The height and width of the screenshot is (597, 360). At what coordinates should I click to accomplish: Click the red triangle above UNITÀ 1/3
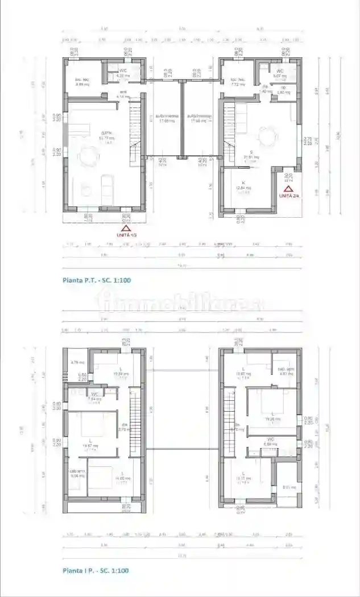coord(125,227)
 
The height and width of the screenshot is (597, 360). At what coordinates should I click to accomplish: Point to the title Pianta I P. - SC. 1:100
coord(96,570)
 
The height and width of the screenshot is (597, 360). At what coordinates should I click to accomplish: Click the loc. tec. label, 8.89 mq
coord(83,81)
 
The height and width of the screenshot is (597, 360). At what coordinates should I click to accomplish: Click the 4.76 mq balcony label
coord(77,362)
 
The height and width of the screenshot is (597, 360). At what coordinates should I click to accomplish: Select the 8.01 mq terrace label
coord(288,487)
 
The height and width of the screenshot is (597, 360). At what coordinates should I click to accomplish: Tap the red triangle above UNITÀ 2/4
coord(288,188)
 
